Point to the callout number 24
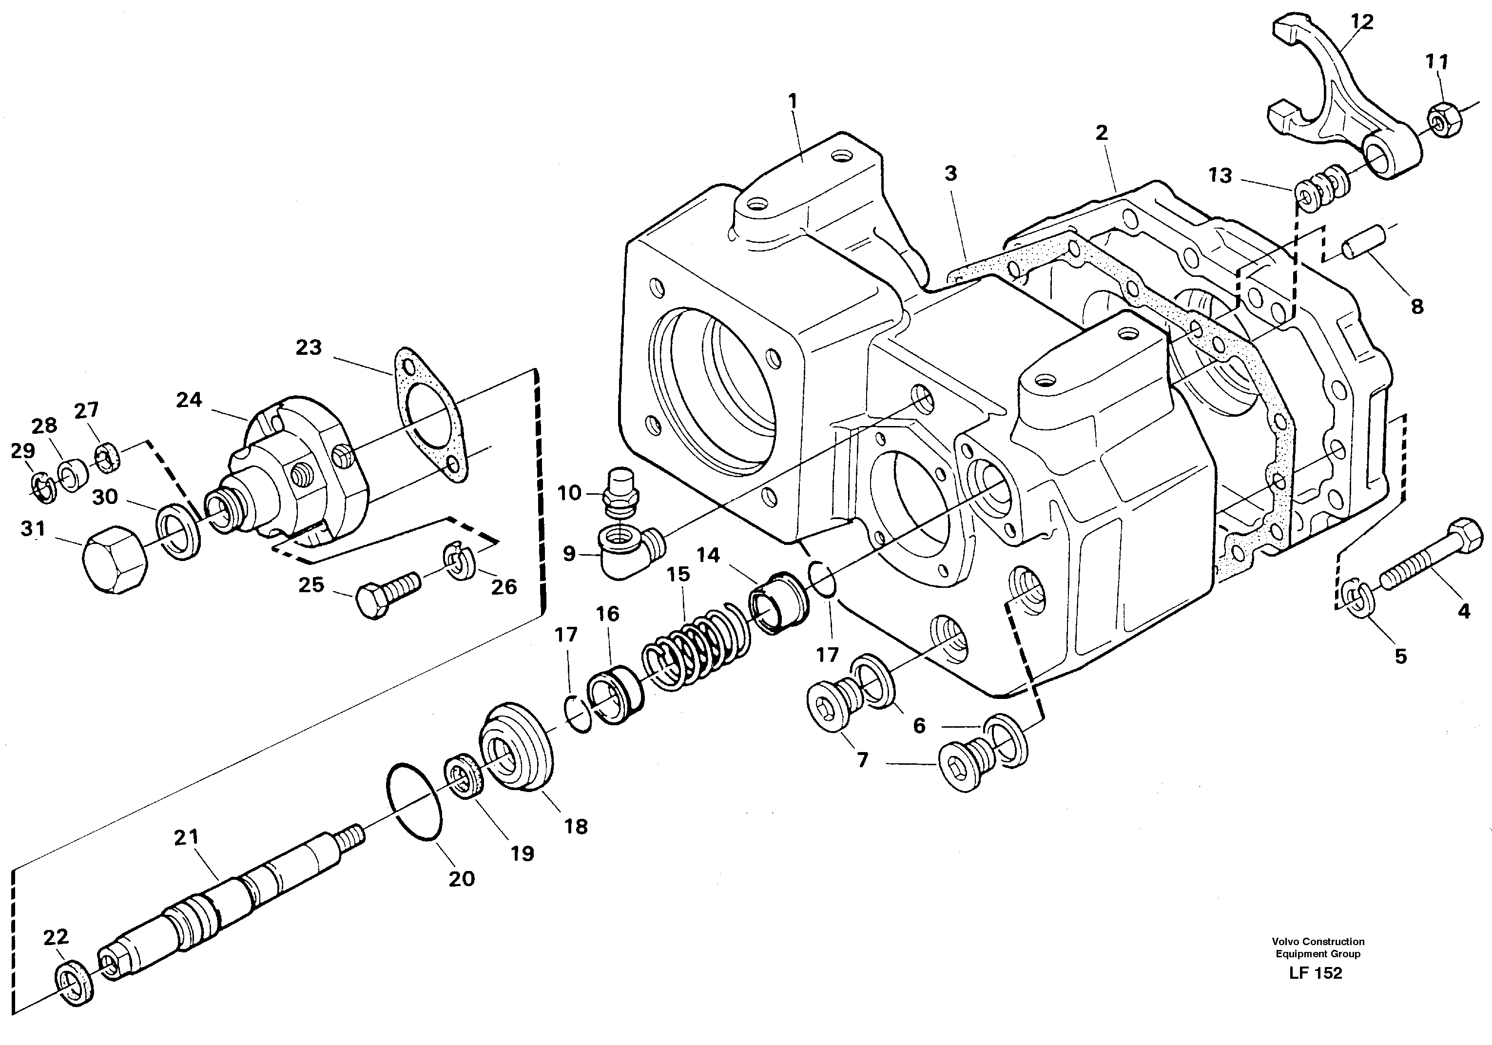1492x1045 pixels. pos(189,400)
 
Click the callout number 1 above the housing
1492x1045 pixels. pos(792,102)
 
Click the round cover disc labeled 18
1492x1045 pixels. pos(516,747)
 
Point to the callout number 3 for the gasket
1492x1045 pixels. pos(950,174)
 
